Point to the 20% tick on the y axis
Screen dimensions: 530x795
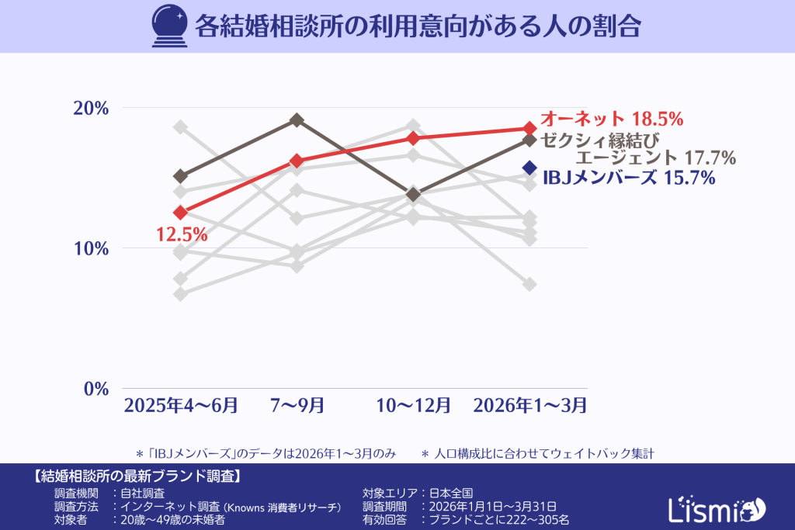(90, 108)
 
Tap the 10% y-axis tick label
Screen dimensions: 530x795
(90, 248)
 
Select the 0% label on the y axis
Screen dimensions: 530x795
(95, 389)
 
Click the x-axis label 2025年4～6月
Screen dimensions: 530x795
(181, 405)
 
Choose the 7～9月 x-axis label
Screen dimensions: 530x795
(297, 405)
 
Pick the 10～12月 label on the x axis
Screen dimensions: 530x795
(413, 405)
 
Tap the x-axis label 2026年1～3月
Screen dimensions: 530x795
(529, 405)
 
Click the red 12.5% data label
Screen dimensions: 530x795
(182, 234)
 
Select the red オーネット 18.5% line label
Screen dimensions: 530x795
(611, 119)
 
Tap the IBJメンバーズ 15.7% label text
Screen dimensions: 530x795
(628, 178)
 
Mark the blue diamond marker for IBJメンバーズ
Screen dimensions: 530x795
(529, 168)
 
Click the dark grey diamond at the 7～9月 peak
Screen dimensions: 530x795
(297, 120)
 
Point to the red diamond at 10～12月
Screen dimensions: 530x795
(413, 138)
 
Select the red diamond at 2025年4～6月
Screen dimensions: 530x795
(181, 213)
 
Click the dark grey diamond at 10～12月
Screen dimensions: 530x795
(413, 194)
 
